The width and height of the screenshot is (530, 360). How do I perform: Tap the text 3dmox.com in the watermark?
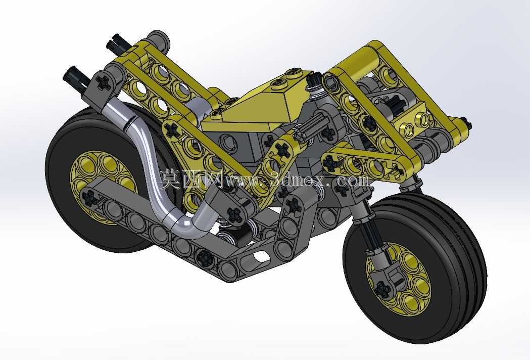(x=319, y=180)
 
